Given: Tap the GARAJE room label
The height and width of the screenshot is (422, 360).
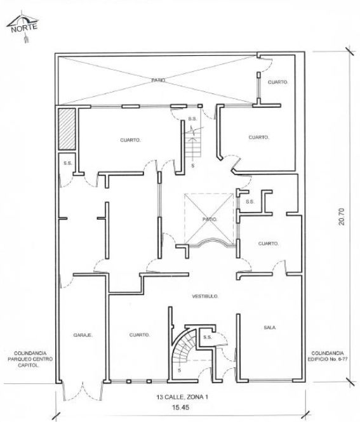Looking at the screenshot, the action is tap(83, 335).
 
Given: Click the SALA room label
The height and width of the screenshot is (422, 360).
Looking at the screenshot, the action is tap(270, 327).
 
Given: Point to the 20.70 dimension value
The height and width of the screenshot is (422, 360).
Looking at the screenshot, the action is tap(342, 216).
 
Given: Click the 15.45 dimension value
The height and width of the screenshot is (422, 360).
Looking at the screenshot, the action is tap(181, 407).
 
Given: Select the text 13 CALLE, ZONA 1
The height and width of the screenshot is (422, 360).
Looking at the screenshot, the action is tap(182, 397).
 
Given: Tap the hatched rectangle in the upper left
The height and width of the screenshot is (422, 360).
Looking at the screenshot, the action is tap(67, 129).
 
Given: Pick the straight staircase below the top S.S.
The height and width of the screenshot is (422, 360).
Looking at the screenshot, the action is tap(193, 144).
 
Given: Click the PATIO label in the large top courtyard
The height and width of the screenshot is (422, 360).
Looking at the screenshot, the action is tap(158, 80).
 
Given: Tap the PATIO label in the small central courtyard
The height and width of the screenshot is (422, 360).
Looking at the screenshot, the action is tap(210, 220).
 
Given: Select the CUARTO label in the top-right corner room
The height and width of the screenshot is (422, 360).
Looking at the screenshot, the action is tap(278, 82).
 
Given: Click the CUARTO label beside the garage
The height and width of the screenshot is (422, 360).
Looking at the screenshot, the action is tap(140, 335).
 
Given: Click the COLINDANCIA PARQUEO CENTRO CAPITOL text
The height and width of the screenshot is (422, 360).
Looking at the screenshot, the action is tap(30, 359).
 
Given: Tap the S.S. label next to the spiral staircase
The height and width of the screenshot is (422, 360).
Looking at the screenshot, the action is tap(208, 337).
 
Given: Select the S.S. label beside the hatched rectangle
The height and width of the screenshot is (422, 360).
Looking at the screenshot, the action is tap(68, 163).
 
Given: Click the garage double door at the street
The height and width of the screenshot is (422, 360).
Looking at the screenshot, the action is tap(83, 391).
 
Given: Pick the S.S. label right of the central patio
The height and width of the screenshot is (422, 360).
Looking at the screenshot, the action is tap(250, 202).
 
